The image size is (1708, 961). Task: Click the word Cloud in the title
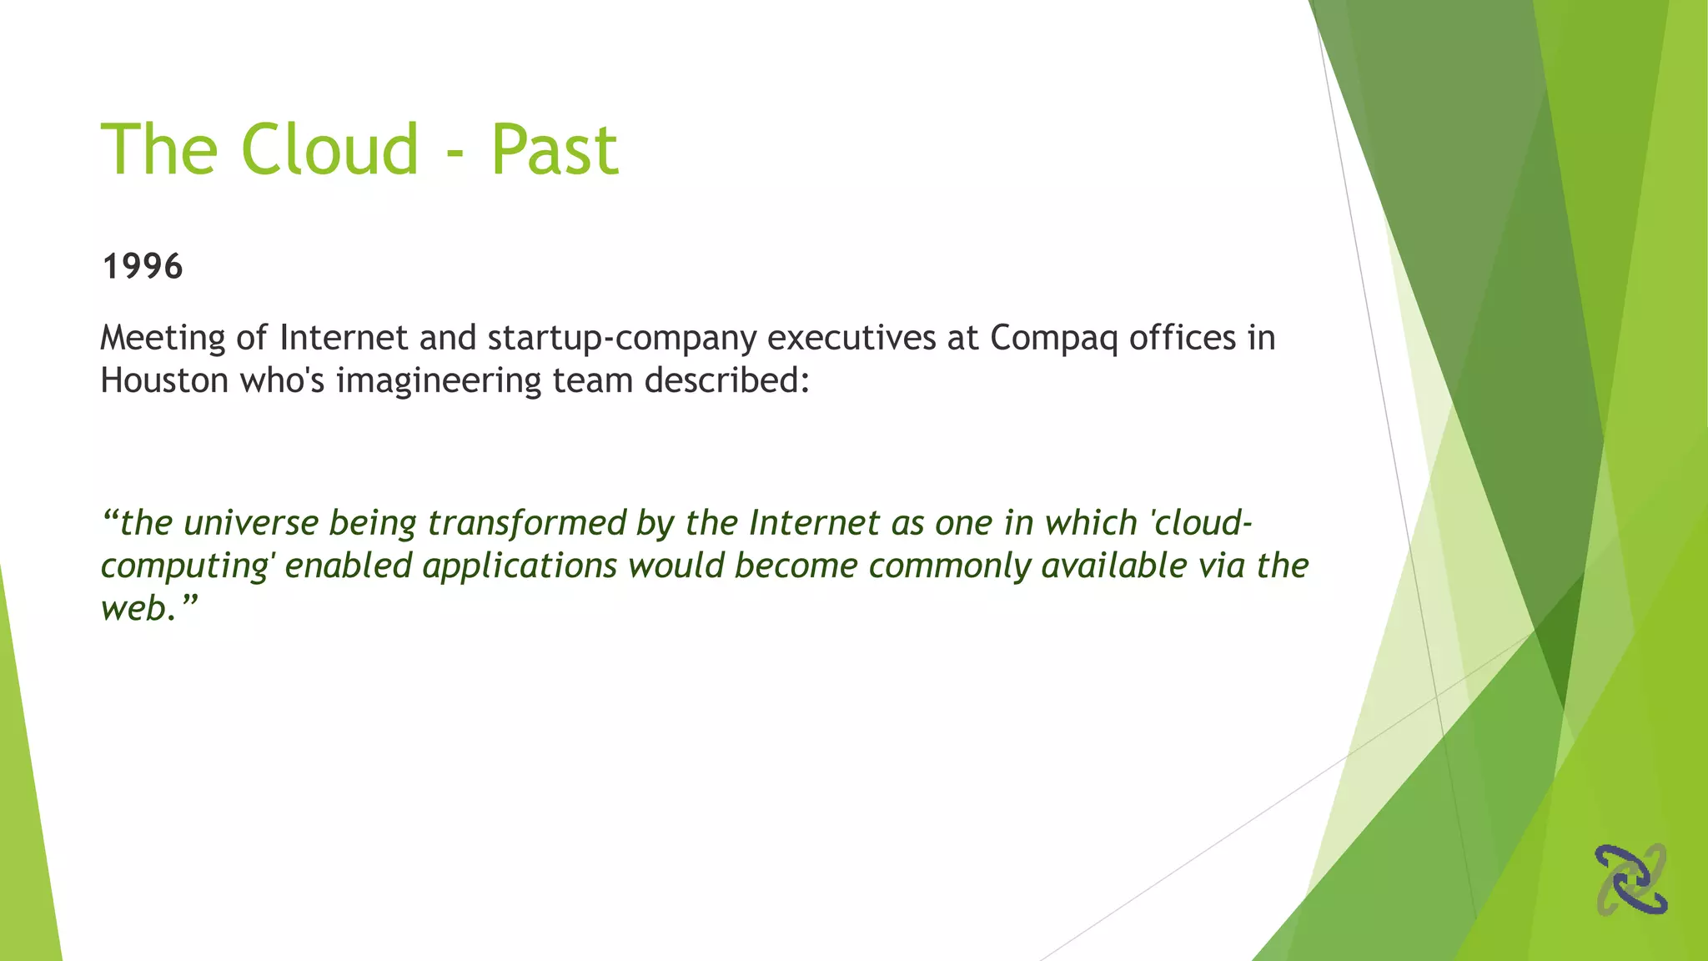[x=329, y=150]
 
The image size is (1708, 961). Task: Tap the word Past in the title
[x=555, y=150]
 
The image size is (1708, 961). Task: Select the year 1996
[x=142, y=267]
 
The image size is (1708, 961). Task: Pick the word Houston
[x=164, y=381]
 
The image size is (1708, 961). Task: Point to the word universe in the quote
[x=250, y=524]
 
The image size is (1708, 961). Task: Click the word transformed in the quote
[x=526, y=524]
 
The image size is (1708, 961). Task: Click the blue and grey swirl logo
[x=1631, y=879]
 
